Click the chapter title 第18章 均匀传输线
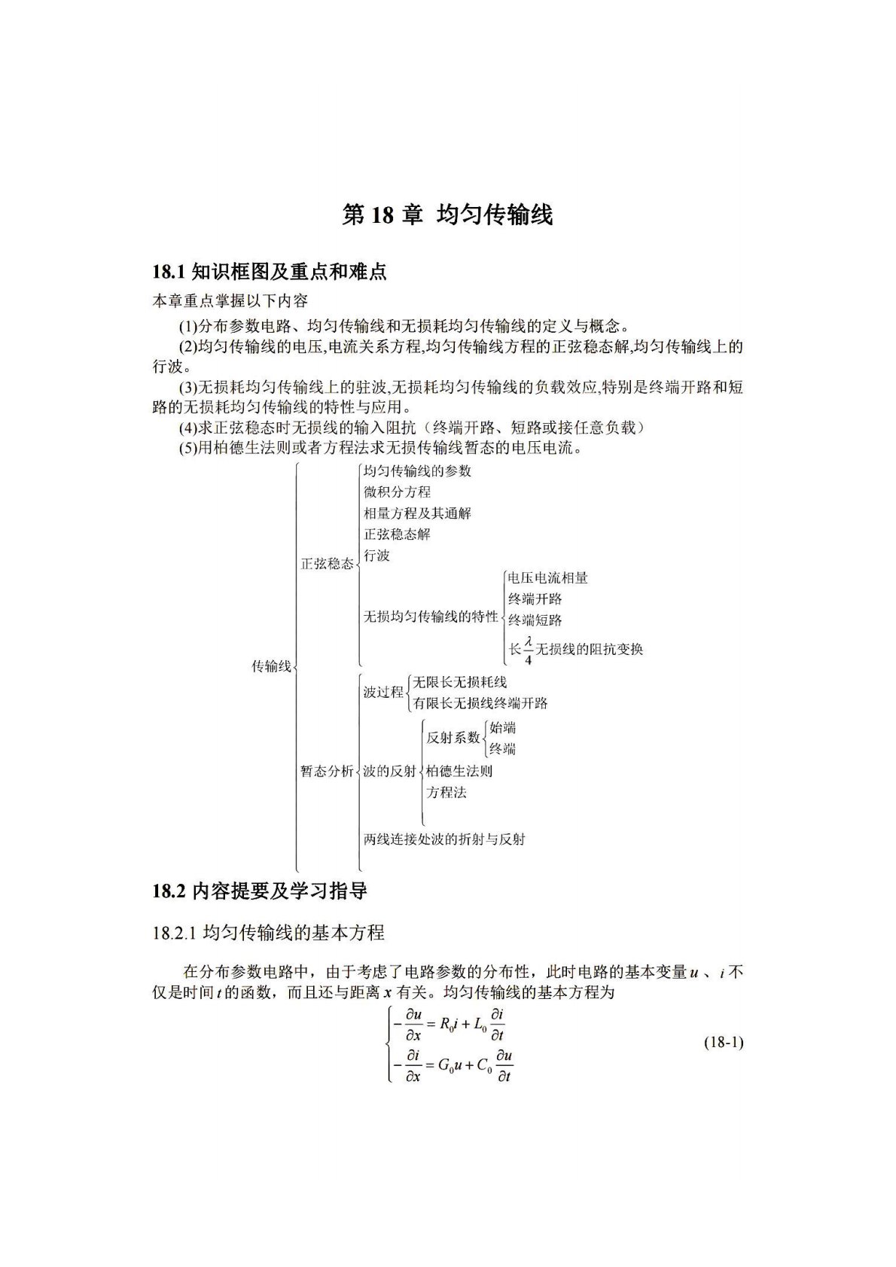tap(447, 215)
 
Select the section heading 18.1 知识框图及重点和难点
tap(270, 272)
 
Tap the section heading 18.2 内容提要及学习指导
tap(260, 891)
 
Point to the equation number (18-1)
tap(724, 1043)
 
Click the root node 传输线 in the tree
tap(271, 666)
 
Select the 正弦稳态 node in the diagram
tap(327, 563)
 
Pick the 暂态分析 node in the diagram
tap(327, 772)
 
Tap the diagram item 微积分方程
tap(397, 492)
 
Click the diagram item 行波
tap(376, 556)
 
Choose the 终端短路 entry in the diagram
tap(535, 620)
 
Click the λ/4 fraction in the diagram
tap(529, 650)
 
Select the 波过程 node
tap(383, 692)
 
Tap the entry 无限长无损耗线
tap(459, 682)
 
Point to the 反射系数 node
tap(453, 738)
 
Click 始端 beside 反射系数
tap(502, 728)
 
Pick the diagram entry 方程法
tap(446, 793)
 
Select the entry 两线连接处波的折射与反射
tap(444, 839)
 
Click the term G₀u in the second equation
tap(451, 1065)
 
